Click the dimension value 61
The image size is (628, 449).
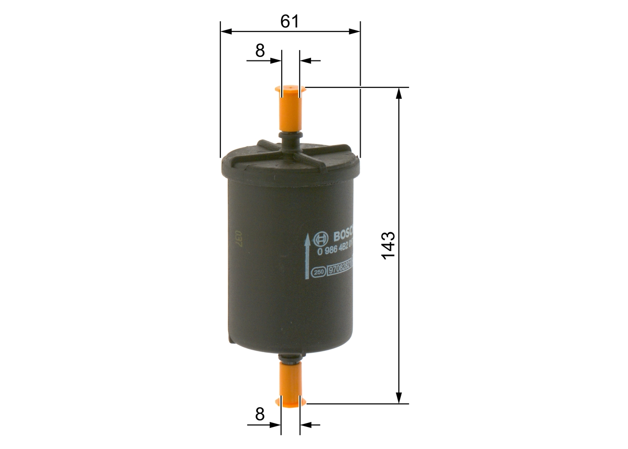point(289,21)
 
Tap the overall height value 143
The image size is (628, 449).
point(388,245)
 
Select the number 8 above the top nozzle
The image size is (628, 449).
point(260,50)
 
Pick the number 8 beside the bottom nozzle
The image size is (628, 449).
point(260,414)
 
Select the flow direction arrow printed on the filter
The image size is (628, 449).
point(308,255)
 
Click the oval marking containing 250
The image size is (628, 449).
point(319,272)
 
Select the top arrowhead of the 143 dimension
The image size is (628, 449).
point(399,93)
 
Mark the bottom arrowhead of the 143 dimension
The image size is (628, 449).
point(399,398)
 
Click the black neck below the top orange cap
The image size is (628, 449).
point(290,139)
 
